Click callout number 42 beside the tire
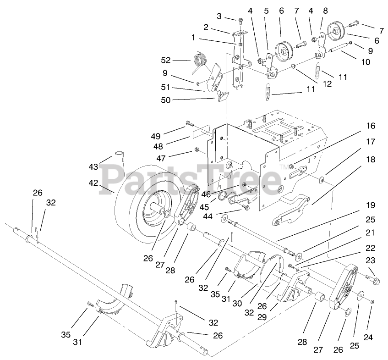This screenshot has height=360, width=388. click(93, 183)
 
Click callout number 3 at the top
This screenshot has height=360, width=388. click(219, 16)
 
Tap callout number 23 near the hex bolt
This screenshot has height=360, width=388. click(370, 260)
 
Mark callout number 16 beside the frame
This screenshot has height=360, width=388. click(370, 126)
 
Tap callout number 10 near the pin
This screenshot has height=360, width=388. click(366, 61)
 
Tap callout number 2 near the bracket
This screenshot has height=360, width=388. click(206, 28)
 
